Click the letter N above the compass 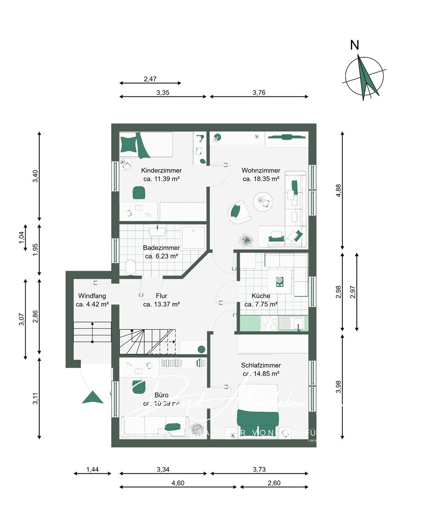pos(355,45)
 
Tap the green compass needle pos(367,79)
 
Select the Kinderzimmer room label pos(161,170)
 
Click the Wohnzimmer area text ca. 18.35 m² pos(261,179)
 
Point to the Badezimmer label pos(161,248)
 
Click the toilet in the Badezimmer pos(131,268)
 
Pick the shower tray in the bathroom pos(194,237)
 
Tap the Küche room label pos(261,296)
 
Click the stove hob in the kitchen pos(268,323)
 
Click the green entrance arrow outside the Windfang pos(92,397)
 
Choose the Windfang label pos(92,296)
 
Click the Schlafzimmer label pos(261,365)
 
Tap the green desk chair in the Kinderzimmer pos(138,193)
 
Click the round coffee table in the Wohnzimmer pos(263,201)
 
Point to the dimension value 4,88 pos(339,191)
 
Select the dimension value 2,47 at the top pos(150,79)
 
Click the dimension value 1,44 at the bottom pos(92,469)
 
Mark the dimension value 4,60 pos(178,483)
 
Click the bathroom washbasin pos(157,232)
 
